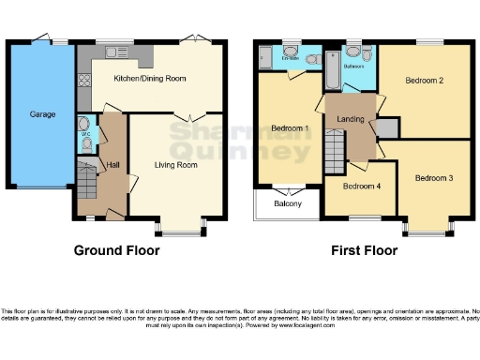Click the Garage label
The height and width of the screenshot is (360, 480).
pyautogui.click(x=43, y=114)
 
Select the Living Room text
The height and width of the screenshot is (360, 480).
pyautogui.click(x=175, y=165)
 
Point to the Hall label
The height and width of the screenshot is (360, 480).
pyautogui.click(x=112, y=165)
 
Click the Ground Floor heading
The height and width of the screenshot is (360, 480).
pyautogui.click(x=117, y=250)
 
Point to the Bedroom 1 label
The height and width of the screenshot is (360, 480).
pyautogui.click(x=290, y=127)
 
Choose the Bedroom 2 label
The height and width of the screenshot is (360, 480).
pyautogui.click(x=424, y=81)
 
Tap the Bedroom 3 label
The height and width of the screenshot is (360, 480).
pyautogui.click(x=434, y=177)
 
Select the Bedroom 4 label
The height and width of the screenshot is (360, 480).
pyautogui.click(x=361, y=186)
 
